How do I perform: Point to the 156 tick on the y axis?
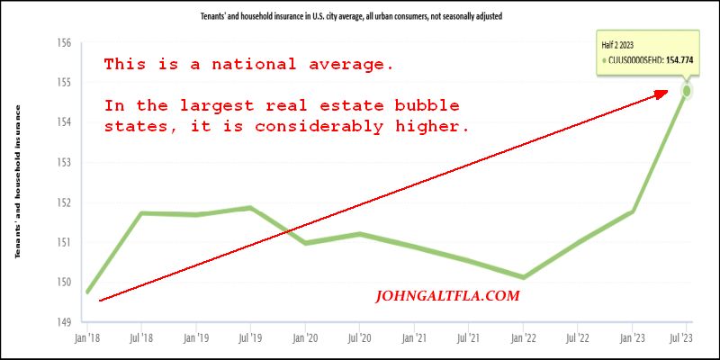(63, 42)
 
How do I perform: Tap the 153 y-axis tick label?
(63, 162)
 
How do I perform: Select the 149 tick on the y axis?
(63, 322)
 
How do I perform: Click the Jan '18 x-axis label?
(86, 340)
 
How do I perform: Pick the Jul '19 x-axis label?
(250, 340)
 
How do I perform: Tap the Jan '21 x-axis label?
(414, 340)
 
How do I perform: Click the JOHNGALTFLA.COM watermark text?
(446, 295)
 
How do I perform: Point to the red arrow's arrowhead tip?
(669, 90)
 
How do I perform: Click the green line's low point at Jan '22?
(524, 277)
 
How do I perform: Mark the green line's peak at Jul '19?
(250, 208)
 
